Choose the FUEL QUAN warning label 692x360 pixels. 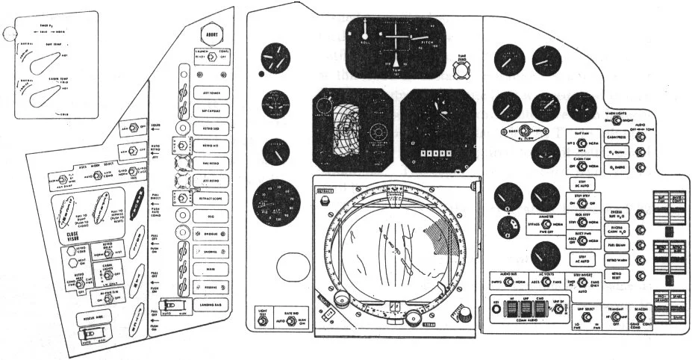[616, 243]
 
